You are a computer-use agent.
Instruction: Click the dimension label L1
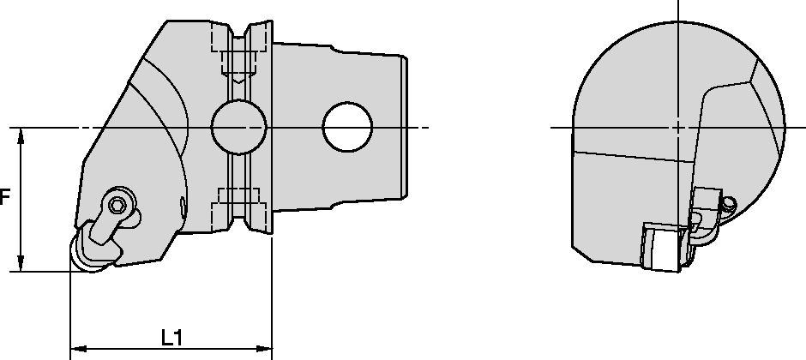[171, 338]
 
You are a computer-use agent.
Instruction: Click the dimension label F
[5, 199]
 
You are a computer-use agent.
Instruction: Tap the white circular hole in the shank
[347, 127]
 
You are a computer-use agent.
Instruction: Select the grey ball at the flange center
[237, 127]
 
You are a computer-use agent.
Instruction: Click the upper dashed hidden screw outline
[237, 60]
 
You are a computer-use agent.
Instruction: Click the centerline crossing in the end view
[678, 128]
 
